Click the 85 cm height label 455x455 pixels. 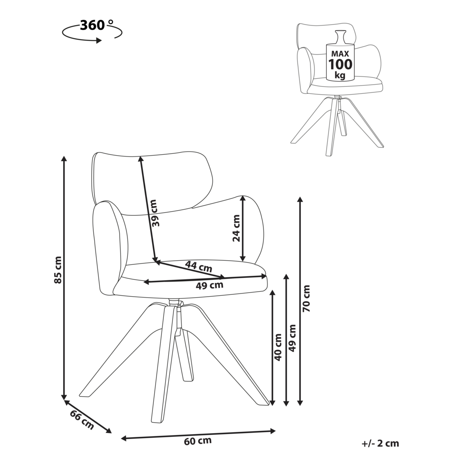click(x=58, y=270)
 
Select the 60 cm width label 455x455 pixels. click(x=197, y=441)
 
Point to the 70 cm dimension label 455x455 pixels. click(x=306, y=298)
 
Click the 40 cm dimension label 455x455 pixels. click(x=278, y=347)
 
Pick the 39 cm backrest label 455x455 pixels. click(x=155, y=213)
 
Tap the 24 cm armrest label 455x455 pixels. click(x=237, y=228)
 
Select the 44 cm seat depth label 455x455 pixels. click(x=199, y=266)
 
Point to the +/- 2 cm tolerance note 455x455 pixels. click(x=380, y=443)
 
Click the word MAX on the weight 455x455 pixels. click(x=340, y=54)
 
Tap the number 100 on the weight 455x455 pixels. click(x=340, y=65)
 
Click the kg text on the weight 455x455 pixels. click(x=340, y=76)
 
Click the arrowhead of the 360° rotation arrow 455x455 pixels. click(x=99, y=40)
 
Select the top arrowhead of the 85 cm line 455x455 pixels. click(x=64, y=159)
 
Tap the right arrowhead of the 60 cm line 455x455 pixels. click(x=272, y=431)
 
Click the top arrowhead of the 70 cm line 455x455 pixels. click(x=300, y=200)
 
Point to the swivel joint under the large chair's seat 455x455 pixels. click(x=176, y=303)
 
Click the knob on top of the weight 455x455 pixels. click(x=340, y=36)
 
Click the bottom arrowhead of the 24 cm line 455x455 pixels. click(x=243, y=258)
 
